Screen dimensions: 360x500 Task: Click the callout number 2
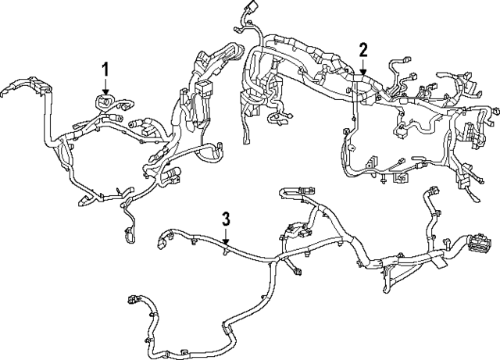362,50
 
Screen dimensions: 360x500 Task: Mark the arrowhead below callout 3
225,241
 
